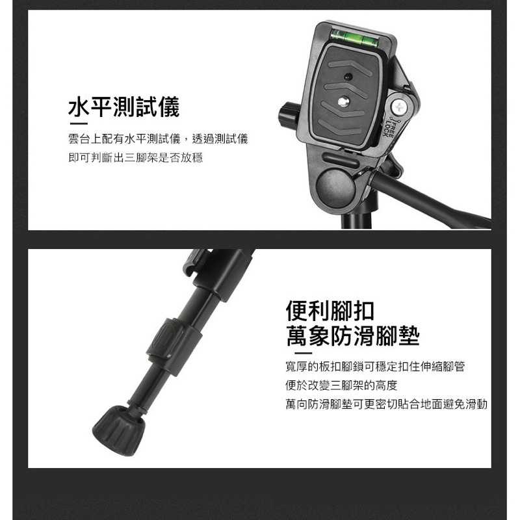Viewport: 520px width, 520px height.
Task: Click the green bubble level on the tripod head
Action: (354, 38)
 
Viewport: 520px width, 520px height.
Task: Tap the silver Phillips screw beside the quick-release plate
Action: (399, 107)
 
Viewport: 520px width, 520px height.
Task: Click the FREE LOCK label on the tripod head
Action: (389, 127)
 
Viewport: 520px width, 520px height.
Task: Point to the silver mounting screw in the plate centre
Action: (343, 101)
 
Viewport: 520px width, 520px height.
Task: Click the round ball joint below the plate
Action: (335, 187)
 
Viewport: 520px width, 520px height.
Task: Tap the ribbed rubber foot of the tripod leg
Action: (119, 430)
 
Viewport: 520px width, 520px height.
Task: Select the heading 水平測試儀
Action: (123, 107)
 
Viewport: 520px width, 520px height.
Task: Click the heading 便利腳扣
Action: (330, 311)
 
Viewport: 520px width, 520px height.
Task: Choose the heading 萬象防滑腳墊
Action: (353, 335)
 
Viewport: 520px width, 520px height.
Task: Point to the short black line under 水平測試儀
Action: (79, 123)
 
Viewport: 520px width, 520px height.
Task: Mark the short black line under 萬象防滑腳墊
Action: (303, 353)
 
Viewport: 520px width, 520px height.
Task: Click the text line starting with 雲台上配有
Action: (158, 138)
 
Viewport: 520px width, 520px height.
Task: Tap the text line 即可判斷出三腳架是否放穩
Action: (135, 157)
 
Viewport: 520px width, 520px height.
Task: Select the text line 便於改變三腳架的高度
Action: (341, 385)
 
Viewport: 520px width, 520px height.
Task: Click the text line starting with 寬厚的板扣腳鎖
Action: (375, 367)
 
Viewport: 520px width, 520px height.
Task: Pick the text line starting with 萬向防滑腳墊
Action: (386, 404)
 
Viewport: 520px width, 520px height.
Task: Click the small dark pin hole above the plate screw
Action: (348, 76)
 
